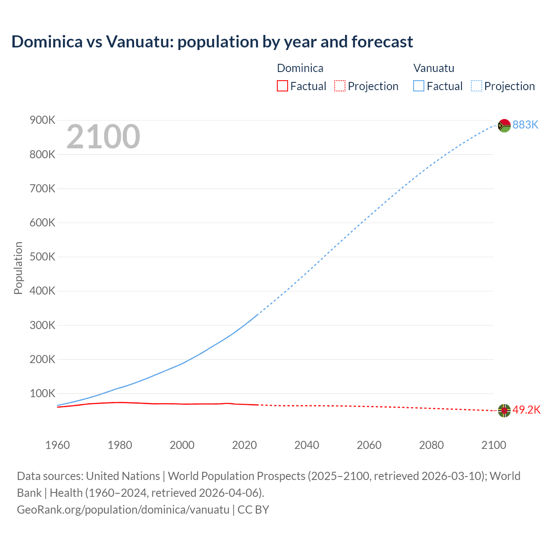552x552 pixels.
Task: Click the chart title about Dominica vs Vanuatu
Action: click(x=212, y=42)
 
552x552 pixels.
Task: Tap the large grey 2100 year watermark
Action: click(x=103, y=137)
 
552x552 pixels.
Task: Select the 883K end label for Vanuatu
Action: click(x=525, y=125)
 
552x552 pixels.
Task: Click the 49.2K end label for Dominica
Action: click(x=526, y=410)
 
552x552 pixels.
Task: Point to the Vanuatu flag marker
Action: click(x=504, y=125)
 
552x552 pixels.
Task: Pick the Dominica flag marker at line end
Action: click(x=504, y=411)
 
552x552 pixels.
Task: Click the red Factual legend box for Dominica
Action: click(x=282, y=86)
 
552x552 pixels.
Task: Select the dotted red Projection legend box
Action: click(x=340, y=86)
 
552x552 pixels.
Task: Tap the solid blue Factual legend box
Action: click(x=419, y=86)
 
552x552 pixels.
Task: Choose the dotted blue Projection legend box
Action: click(x=477, y=86)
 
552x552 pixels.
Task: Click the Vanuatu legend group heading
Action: click(x=434, y=68)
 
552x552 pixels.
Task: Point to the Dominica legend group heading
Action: click(x=300, y=68)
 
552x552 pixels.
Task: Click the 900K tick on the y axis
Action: click(x=42, y=120)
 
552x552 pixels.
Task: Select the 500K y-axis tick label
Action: click(x=42, y=257)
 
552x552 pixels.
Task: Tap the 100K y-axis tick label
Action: click(x=42, y=393)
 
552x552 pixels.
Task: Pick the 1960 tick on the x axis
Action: click(x=57, y=445)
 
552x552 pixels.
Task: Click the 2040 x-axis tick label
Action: click(x=307, y=445)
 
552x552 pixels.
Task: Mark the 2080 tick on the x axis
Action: click(x=431, y=445)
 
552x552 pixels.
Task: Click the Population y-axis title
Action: click(x=18, y=268)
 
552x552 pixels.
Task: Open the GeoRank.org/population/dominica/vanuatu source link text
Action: click(x=123, y=510)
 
